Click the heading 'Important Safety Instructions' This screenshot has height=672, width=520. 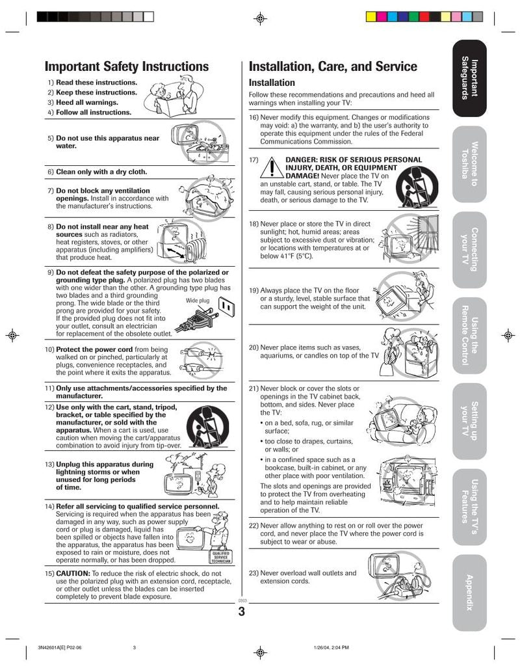click(x=127, y=66)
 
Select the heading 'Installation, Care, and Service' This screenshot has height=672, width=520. click(x=333, y=66)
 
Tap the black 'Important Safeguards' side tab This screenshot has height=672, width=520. click(x=469, y=79)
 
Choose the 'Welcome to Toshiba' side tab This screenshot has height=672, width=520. click(x=469, y=164)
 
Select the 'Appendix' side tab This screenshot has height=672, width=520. click(x=469, y=593)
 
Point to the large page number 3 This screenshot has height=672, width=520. click(x=241, y=612)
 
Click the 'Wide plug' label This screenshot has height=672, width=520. click(x=198, y=301)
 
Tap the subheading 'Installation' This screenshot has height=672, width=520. click(x=272, y=83)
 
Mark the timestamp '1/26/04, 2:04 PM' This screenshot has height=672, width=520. click(x=331, y=647)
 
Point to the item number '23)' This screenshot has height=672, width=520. click(x=254, y=573)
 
